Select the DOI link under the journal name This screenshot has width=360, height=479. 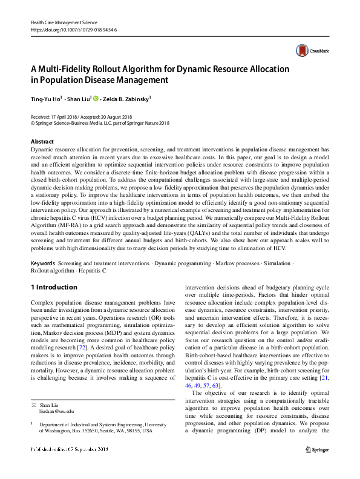pyautogui.click(x=73, y=29)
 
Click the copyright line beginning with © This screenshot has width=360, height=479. pyautogui.click(x=100, y=123)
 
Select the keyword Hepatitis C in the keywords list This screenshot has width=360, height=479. pyautogui.click(x=91, y=271)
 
